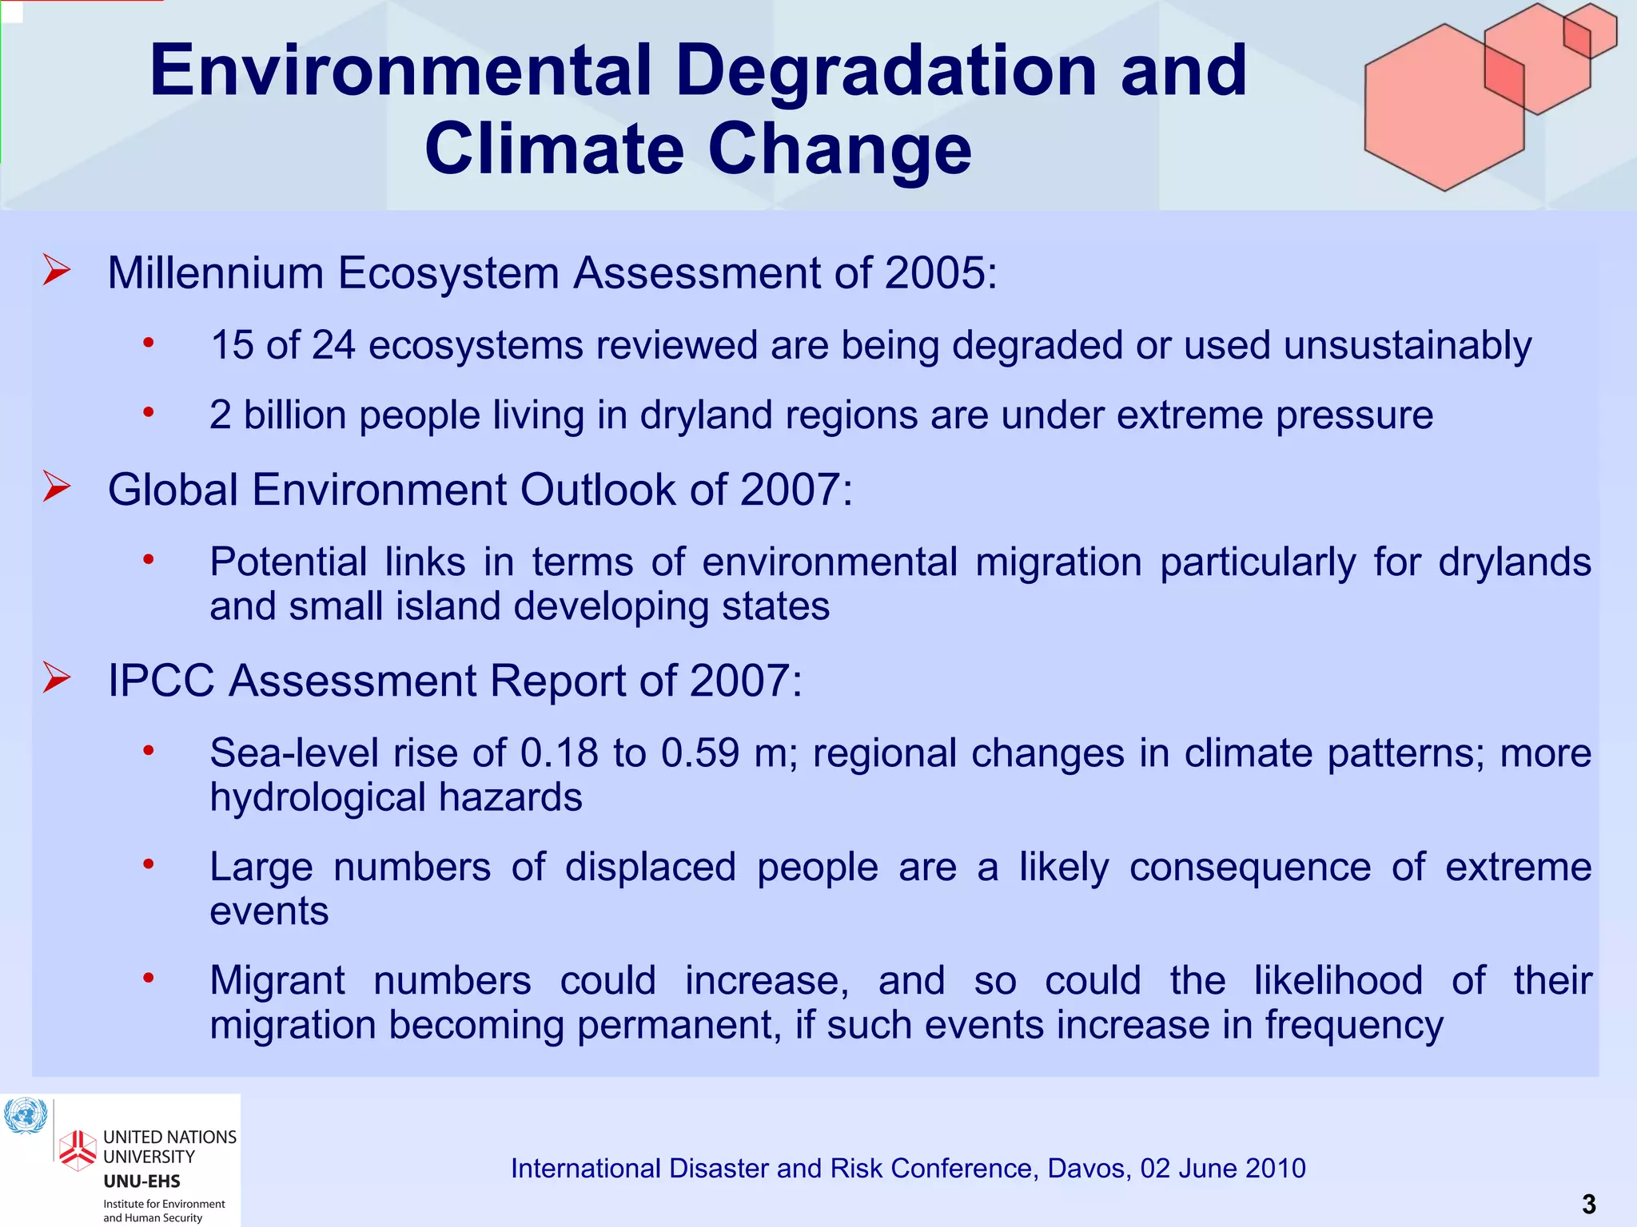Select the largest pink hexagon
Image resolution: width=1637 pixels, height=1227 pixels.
click(x=1444, y=108)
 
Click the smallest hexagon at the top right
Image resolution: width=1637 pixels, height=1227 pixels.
click(x=1590, y=30)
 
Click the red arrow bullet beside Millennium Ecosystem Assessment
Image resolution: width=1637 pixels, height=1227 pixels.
click(x=57, y=270)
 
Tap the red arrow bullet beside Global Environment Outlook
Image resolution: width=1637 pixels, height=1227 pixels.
click(x=57, y=486)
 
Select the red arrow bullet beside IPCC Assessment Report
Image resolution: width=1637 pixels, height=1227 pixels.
click(x=57, y=677)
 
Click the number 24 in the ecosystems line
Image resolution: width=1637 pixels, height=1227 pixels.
click(x=333, y=346)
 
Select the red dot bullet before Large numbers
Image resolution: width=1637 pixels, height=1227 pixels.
click(x=148, y=864)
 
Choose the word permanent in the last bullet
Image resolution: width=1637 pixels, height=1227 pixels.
click(x=679, y=1026)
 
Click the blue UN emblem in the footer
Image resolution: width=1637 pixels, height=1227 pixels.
click(x=26, y=1116)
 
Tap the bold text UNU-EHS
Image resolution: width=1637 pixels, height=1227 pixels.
click(x=141, y=1181)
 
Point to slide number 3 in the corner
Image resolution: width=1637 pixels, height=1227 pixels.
click(x=1588, y=1204)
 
